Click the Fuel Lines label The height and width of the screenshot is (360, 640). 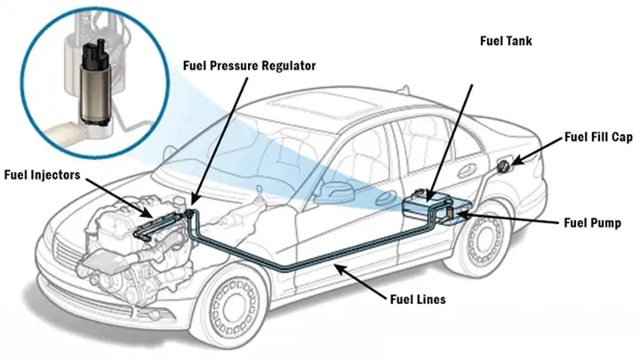(x=417, y=300)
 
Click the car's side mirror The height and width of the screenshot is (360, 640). (x=331, y=188)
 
